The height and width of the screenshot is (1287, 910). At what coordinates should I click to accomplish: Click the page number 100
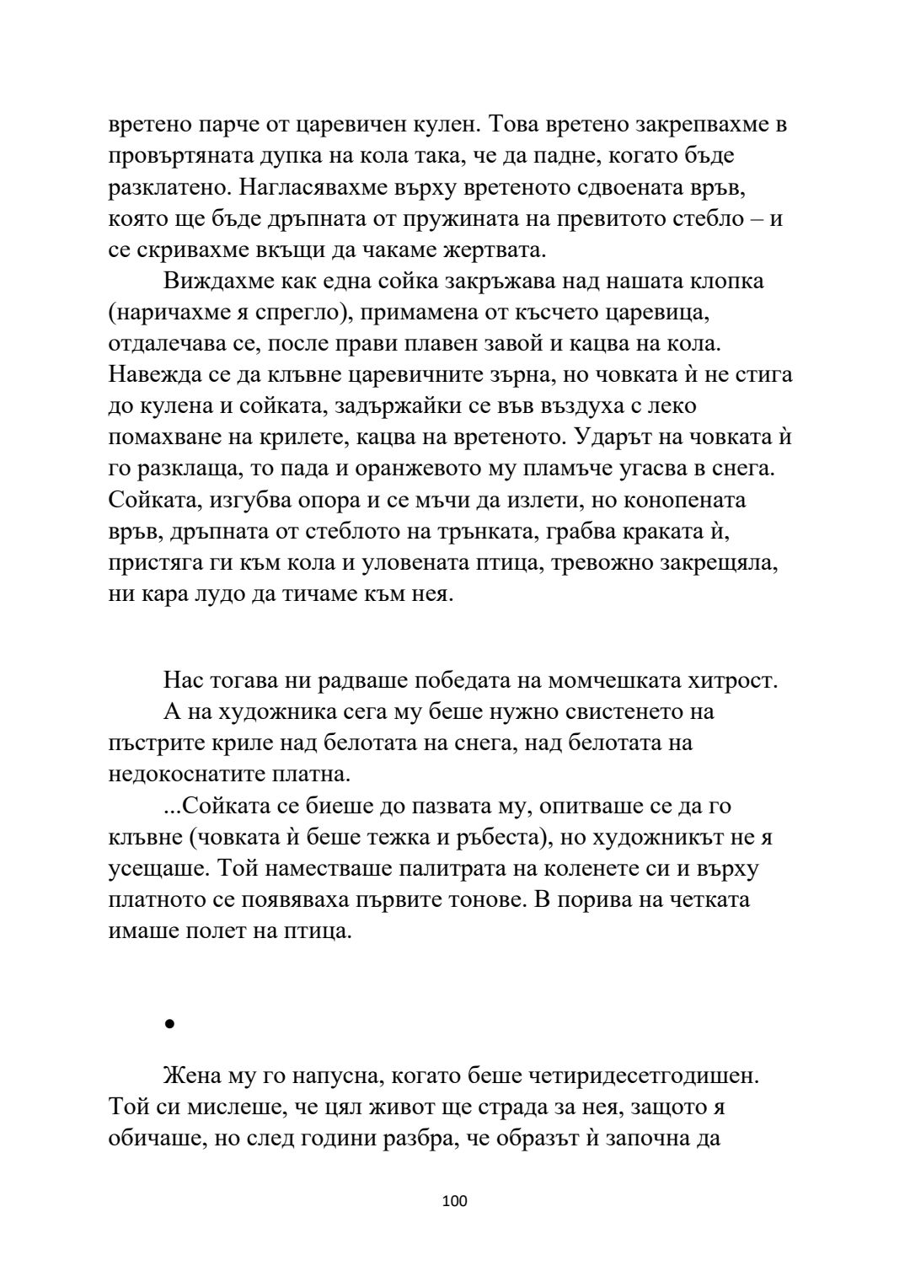454,1225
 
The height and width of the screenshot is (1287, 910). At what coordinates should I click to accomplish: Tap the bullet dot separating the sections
169,1024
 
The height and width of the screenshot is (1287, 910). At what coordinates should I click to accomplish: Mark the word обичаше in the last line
154,1139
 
